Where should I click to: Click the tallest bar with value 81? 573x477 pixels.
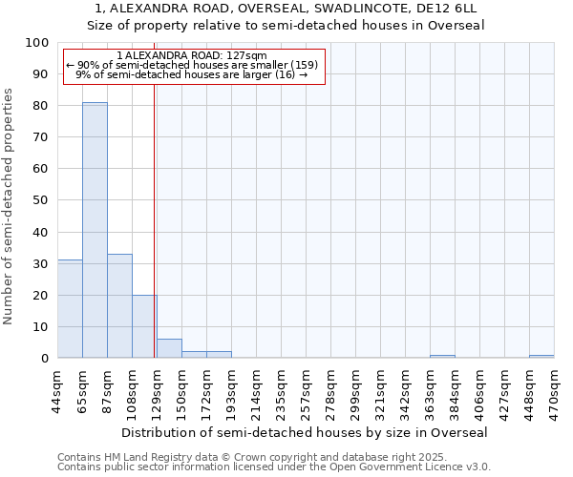95,230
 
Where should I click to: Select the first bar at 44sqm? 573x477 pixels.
70,309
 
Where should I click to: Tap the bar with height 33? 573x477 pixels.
119,306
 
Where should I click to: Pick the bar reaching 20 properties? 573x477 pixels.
144,326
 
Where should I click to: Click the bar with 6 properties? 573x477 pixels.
169,348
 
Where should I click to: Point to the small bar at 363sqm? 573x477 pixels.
442,356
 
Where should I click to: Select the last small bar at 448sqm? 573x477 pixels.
541,356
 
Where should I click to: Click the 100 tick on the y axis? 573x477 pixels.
37,43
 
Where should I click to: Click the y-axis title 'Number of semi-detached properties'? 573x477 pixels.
10,206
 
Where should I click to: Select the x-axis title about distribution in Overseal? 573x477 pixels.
306,432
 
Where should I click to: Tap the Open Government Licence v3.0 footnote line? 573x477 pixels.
274,467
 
